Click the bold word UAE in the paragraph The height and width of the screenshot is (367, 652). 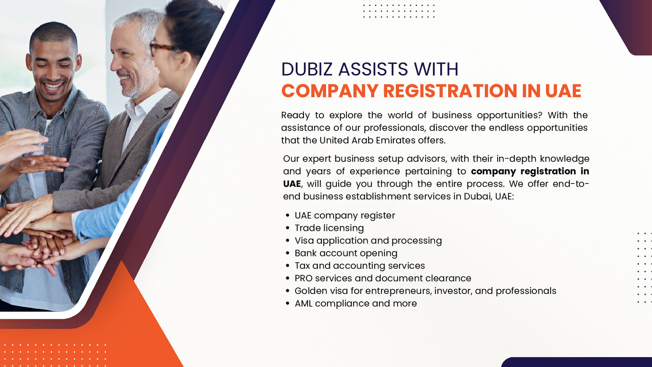pyautogui.click(x=292, y=184)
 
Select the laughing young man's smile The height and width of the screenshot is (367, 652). pyautogui.click(x=53, y=86)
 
